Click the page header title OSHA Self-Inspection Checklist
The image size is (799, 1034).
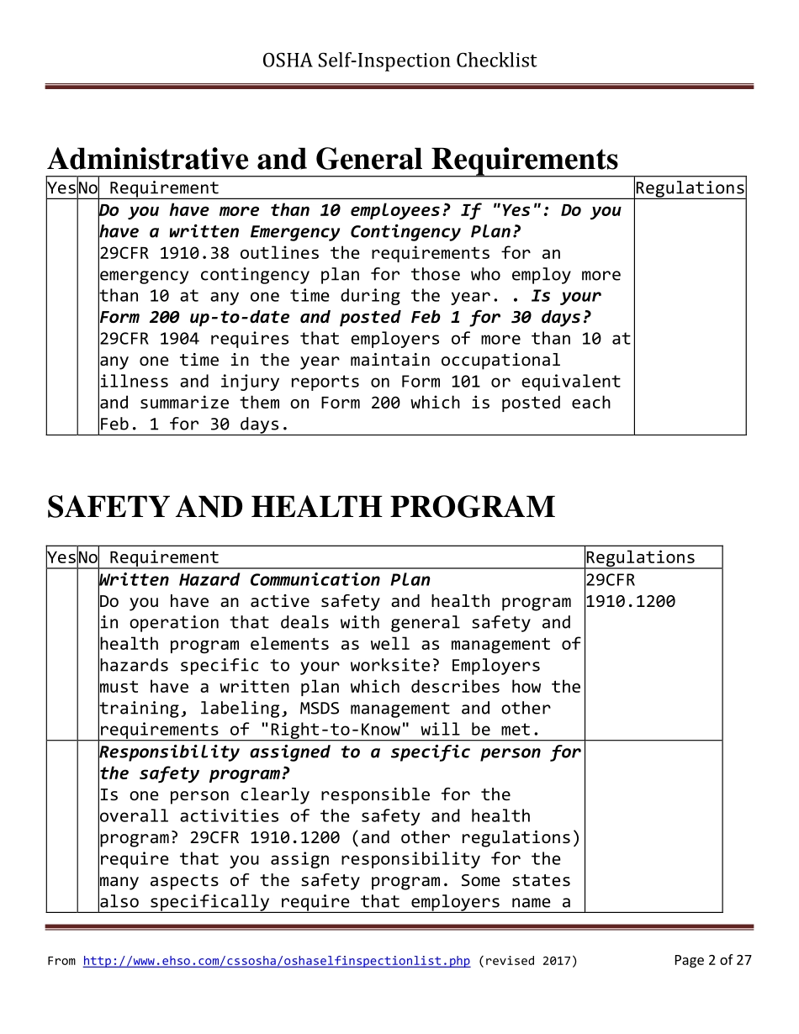399,61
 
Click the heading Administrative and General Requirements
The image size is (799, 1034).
332,159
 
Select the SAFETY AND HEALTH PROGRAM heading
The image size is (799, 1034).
300,507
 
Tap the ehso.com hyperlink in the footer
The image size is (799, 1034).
276,961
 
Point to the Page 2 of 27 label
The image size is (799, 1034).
712,960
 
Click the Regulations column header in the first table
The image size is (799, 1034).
690,188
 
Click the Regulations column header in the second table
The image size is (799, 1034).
640,557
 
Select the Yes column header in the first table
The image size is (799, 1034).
61,188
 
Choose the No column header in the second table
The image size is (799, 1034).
87,557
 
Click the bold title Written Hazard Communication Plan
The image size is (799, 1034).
264,580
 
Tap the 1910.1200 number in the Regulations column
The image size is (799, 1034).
630,602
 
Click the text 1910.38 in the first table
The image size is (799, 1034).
189,253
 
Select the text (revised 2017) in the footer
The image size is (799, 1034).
527,961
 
